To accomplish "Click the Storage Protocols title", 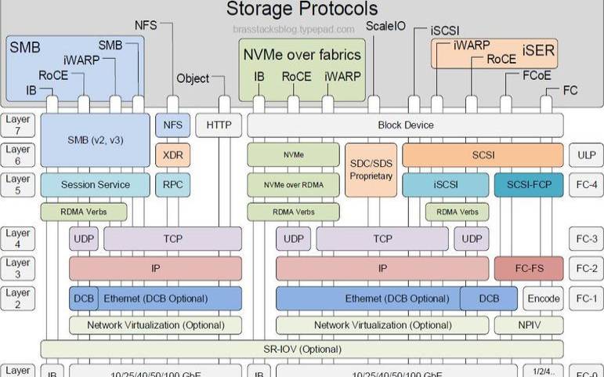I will pos(302,9).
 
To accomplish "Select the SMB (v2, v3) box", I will pos(95,140).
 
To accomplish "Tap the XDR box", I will pos(172,154).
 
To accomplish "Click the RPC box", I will pos(172,184).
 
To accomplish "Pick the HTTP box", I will pos(219,125).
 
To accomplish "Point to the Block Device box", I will pos(405,125).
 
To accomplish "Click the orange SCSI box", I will pos(483,154).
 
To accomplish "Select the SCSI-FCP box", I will pos(529,184).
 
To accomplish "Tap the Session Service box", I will pos(95,184).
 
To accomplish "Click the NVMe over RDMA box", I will pos(295,184).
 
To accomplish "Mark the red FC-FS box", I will pos(529,268).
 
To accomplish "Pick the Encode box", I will pos(543,298).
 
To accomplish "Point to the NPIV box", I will pos(529,324).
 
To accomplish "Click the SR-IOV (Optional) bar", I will pos(302,349).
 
